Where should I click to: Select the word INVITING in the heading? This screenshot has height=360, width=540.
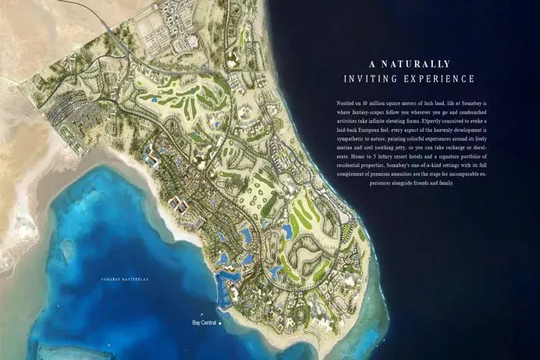pyautogui.click(x=372, y=78)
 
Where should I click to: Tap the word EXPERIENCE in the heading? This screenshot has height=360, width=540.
pyautogui.click(x=440, y=78)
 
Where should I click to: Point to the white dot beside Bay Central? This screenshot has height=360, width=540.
pyautogui.click(x=220, y=323)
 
